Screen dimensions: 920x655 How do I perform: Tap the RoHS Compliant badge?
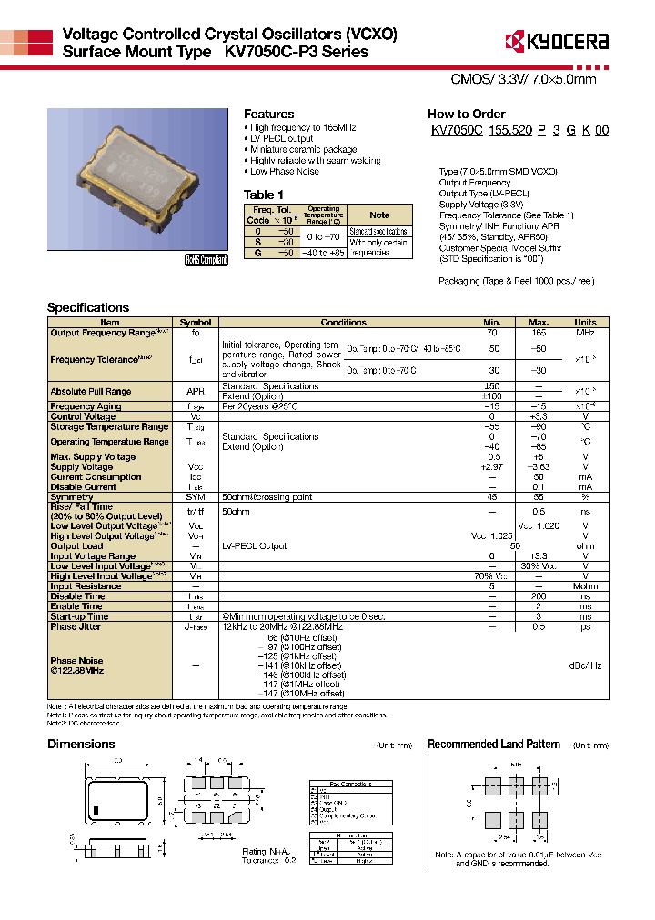206,259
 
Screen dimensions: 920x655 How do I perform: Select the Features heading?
268,114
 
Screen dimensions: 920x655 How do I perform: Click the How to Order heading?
466,114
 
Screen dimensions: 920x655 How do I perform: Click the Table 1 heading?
264,195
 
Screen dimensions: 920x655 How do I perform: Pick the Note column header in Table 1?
379,215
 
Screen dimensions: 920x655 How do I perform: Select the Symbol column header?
196,323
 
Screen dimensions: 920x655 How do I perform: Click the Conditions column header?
344,323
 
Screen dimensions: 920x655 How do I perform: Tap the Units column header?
585,323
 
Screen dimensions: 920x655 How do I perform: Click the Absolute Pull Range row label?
91,392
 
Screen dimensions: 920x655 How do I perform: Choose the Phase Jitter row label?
76,626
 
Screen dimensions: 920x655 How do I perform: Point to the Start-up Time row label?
79,616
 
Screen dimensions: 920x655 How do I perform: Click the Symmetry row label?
72,497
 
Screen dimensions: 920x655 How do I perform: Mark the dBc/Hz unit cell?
585,665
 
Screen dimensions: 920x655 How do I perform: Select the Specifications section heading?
88,307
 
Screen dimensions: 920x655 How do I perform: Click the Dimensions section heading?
81,744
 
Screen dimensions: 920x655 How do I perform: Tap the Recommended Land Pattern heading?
488,744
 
